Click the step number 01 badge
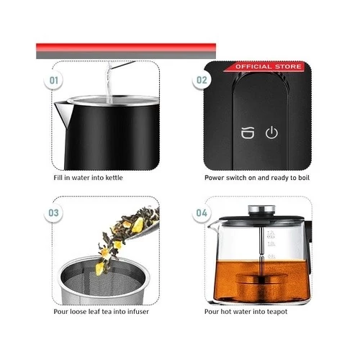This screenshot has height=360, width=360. tap(53, 80)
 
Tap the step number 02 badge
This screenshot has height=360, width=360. tap(202, 80)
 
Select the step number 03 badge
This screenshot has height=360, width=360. tap(53, 213)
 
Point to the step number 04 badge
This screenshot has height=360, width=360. tap(202, 213)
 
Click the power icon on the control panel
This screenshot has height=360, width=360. tap(271, 132)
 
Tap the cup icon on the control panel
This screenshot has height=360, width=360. tap(248, 132)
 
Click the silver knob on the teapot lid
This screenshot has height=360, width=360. tap(261, 210)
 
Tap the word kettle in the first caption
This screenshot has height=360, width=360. tap(114, 178)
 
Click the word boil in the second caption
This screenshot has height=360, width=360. tap(304, 178)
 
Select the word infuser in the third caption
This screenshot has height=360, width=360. tap(138, 312)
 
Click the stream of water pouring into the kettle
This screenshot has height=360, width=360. tap(109, 83)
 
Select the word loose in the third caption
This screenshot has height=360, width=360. tap(78, 312)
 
